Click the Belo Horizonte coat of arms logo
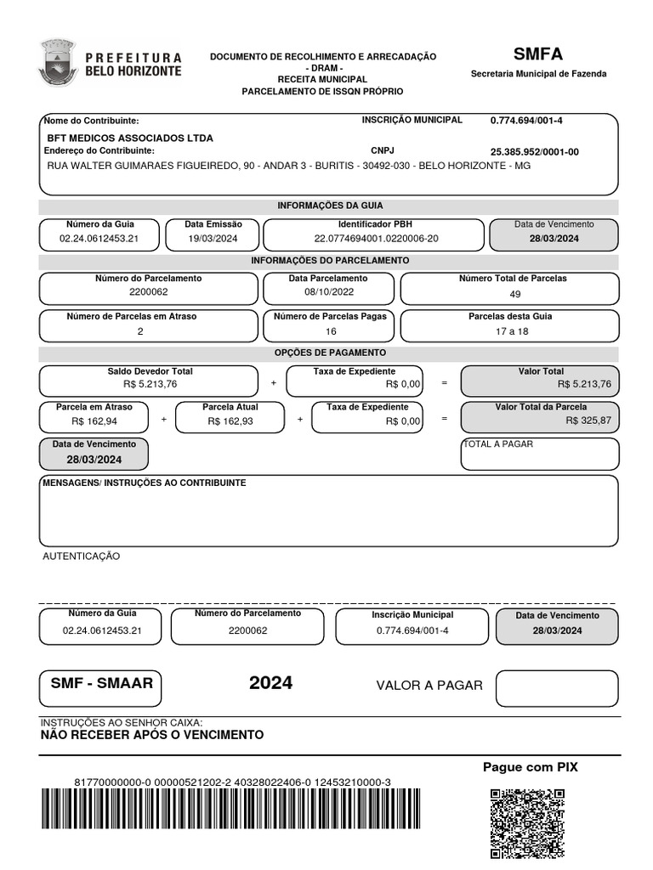click(x=57, y=62)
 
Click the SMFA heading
click(x=538, y=54)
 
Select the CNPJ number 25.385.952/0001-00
click(x=534, y=152)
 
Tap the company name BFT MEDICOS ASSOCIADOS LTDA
click(x=130, y=138)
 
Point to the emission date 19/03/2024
click(x=213, y=239)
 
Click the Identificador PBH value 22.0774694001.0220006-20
click(x=376, y=239)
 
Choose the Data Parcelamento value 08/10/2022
click(x=328, y=292)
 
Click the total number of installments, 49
click(x=515, y=294)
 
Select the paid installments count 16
click(x=331, y=331)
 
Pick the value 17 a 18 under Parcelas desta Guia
click(x=512, y=331)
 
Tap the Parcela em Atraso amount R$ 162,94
click(x=94, y=421)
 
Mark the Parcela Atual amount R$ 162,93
click(x=230, y=421)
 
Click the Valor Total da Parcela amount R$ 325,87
click(x=588, y=421)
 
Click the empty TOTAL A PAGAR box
click(x=540, y=458)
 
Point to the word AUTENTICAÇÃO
click(x=82, y=556)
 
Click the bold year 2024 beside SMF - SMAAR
click(x=270, y=683)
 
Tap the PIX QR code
click(x=527, y=823)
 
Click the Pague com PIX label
click(x=530, y=767)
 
